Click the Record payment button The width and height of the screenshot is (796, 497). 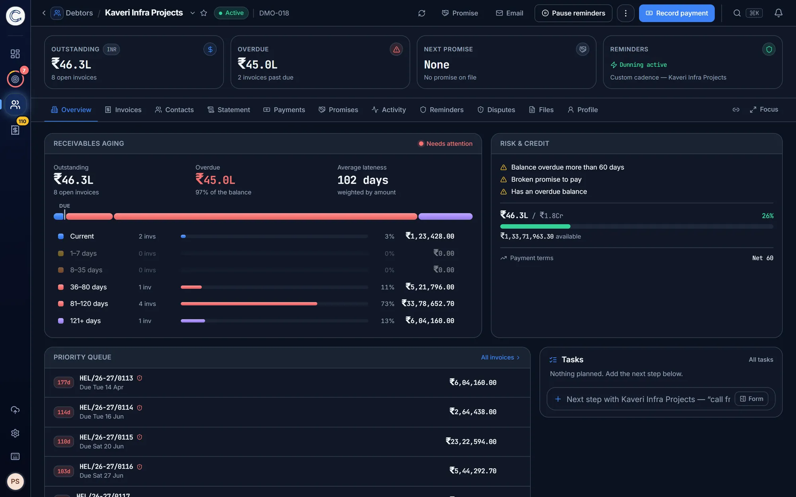point(677,13)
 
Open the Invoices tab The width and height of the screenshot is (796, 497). point(123,110)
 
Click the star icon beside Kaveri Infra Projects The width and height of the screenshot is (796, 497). point(204,13)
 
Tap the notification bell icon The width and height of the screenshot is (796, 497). point(778,13)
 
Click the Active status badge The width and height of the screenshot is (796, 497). point(231,13)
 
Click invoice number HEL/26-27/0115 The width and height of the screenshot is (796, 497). point(106,437)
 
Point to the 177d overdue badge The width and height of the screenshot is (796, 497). point(64,382)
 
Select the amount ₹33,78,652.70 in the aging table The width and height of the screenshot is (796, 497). point(428,304)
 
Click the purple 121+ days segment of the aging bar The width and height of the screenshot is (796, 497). point(445,216)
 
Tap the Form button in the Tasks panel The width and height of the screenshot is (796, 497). point(751,399)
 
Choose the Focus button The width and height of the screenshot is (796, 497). point(764,110)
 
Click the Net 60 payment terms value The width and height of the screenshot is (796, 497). point(763,258)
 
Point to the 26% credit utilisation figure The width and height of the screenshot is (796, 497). point(767,216)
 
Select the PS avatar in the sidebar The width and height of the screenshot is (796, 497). point(15,481)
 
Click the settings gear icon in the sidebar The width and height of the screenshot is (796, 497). point(15,433)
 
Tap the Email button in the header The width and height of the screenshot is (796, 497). point(509,13)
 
